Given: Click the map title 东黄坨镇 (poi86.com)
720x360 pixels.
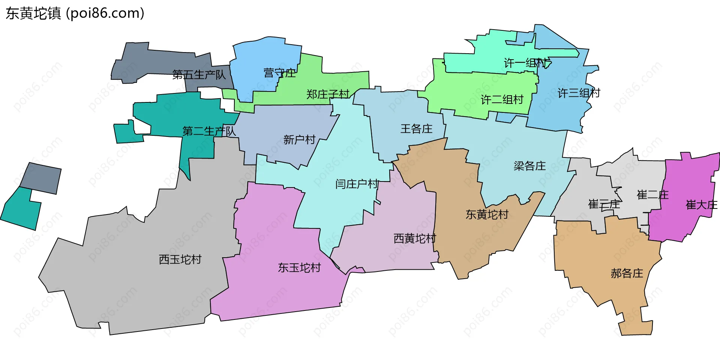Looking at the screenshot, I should [x=75, y=13].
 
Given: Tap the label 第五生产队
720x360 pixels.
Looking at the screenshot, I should [x=199, y=75].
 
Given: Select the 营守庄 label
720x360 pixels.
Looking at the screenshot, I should [x=279, y=73].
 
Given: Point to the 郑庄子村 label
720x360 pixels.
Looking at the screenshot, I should [x=328, y=94].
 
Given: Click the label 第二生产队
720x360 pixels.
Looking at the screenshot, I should [x=209, y=131].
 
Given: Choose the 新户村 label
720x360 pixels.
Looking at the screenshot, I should [x=299, y=140].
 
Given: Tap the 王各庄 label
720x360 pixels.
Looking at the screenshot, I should [x=416, y=129].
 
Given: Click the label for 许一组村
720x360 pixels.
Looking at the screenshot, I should [x=525, y=63].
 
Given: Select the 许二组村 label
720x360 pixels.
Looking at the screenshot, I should [x=502, y=99].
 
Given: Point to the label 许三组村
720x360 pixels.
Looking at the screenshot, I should [x=579, y=93].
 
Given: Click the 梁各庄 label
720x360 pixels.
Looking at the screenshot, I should [x=529, y=166].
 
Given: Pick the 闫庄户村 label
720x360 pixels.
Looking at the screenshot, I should [x=357, y=184].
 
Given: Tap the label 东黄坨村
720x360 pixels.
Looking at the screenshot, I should [x=487, y=214].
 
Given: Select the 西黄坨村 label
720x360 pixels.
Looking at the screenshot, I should [x=415, y=238].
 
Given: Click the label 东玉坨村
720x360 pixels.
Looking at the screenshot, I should [x=299, y=268].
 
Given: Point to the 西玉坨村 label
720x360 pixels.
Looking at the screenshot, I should [x=180, y=259].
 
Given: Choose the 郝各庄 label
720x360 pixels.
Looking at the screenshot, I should [x=627, y=273].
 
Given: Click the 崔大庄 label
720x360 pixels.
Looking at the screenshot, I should [x=701, y=205].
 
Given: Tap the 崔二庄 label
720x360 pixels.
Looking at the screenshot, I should [x=652, y=195].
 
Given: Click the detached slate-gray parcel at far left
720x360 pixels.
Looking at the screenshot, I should [x=40, y=178].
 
